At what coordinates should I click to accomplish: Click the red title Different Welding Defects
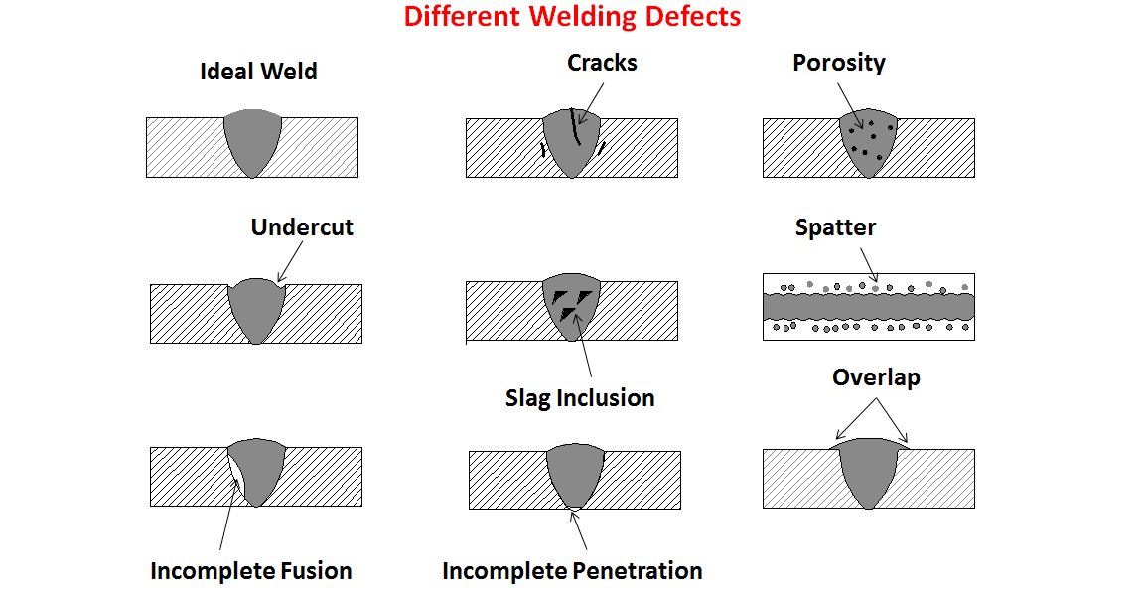click(x=572, y=17)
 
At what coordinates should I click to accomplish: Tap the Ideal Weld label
click(x=258, y=72)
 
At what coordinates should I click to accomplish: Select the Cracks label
click(x=602, y=63)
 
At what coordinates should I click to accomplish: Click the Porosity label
click(x=839, y=64)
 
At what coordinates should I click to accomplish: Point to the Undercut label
click(x=302, y=227)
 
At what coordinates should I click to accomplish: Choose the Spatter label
click(x=835, y=227)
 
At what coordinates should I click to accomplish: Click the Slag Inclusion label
click(x=580, y=398)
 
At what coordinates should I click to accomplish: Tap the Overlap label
click(x=876, y=377)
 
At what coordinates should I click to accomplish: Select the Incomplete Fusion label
click(x=251, y=571)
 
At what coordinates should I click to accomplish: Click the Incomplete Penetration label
click(x=572, y=571)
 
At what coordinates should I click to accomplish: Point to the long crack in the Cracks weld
click(x=575, y=126)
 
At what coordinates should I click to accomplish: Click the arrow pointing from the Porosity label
click(x=850, y=106)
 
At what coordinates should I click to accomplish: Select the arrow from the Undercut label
click(x=290, y=261)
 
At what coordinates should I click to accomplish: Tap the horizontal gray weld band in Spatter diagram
click(x=869, y=307)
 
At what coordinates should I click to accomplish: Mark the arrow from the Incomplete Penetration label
click(x=579, y=529)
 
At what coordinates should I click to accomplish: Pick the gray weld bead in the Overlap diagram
click(x=869, y=473)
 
